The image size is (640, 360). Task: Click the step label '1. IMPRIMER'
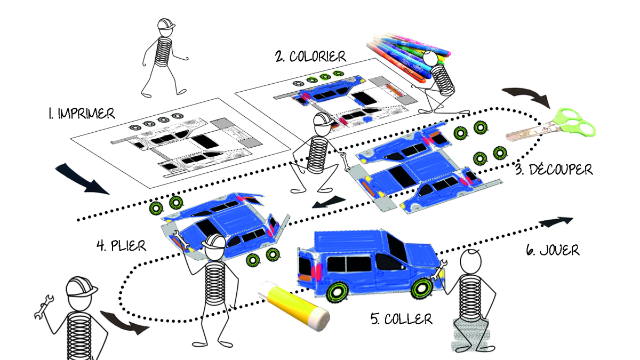pyautogui.click(x=82, y=114)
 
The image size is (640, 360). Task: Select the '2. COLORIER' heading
pyautogui.click(x=310, y=57)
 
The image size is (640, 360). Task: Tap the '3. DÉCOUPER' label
pyautogui.click(x=554, y=170)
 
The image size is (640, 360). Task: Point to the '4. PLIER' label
pyautogui.click(x=122, y=246)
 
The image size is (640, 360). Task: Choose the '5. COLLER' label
pyautogui.click(x=402, y=319)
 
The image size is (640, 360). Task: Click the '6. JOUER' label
pyautogui.click(x=553, y=250)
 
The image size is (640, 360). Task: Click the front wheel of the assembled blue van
pyautogui.click(x=421, y=289)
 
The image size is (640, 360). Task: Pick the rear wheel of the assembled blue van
pyautogui.click(x=338, y=292)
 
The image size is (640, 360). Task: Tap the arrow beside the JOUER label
pyautogui.click(x=556, y=222)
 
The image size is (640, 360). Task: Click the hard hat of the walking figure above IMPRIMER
pyautogui.click(x=165, y=25)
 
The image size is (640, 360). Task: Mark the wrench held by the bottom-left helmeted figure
pyautogui.click(x=43, y=307)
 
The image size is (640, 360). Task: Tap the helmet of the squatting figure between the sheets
pyautogui.click(x=323, y=119)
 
